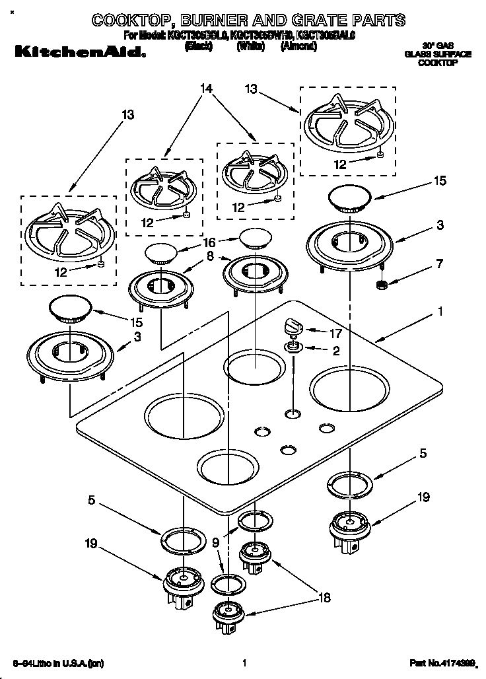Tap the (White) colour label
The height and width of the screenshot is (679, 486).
click(251, 47)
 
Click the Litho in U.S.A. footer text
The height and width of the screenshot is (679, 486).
click(58, 662)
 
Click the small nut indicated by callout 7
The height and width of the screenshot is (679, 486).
click(380, 285)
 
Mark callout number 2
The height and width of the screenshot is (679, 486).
click(335, 351)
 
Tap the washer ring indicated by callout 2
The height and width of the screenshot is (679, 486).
click(293, 347)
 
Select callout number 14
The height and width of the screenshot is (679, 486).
click(207, 88)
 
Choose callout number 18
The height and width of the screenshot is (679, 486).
click(324, 598)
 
